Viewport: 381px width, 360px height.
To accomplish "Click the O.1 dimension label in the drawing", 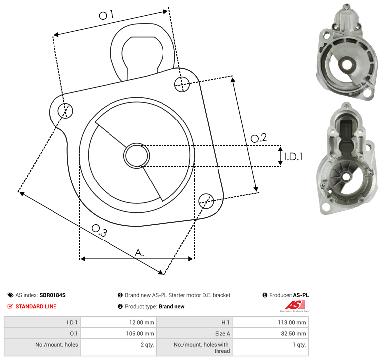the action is point(106,15).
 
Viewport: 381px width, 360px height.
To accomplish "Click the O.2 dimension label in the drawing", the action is point(259,138).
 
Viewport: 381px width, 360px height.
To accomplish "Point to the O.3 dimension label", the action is point(99,230).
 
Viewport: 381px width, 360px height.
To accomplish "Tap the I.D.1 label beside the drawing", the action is point(294,157).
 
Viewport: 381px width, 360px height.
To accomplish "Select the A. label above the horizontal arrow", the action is point(139,253).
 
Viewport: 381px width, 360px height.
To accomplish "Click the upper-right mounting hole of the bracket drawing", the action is point(182,84).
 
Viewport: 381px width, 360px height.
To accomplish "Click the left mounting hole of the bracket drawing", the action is point(65,111).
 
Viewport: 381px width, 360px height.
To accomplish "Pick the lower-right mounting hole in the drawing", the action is point(206,201).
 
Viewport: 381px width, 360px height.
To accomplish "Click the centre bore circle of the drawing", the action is point(137,156).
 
